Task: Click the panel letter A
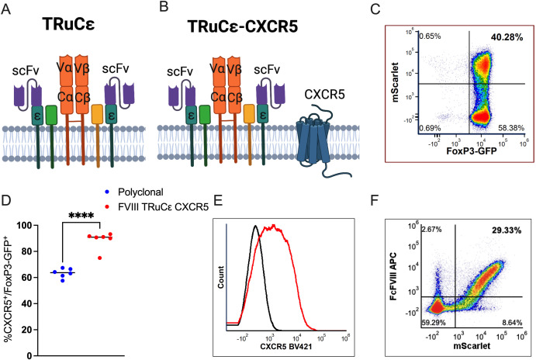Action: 8,9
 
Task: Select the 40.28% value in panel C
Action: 505,36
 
